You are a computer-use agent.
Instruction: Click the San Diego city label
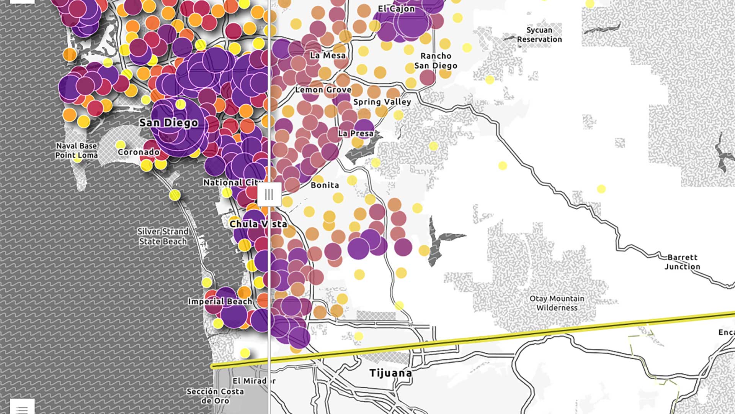pyautogui.click(x=169, y=123)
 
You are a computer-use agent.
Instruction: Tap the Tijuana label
pyautogui.click(x=390, y=373)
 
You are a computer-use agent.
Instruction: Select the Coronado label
pyautogui.click(x=139, y=152)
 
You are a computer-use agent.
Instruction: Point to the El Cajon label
pyautogui.click(x=396, y=8)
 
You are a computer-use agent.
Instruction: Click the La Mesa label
pyautogui.click(x=328, y=56)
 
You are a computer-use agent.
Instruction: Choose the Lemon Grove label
pyautogui.click(x=323, y=90)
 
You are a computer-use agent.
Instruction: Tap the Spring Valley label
pyautogui.click(x=382, y=102)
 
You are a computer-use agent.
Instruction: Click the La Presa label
pyautogui.click(x=356, y=133)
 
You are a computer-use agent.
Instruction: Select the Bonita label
pyautogui.click(x=325, y=185)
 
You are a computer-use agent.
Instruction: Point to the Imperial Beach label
pyautogui.click(x=220, y=302)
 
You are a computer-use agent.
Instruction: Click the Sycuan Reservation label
pyautogui.click(x=539, y=34)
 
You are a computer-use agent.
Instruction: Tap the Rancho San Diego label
pyautogui.click(x=436, y=61)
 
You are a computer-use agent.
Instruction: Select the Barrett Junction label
pyautogui.click(x=682, y=262)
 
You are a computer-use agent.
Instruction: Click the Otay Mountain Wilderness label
pyautogui.click(x=557, y=303)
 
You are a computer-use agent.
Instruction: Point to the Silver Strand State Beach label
pyautogui.click(x=163, y=236)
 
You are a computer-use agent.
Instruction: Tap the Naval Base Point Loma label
pyautogui.click(x=76, y=150)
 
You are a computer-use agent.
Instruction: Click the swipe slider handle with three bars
pyautogui.click(x=269, y=194)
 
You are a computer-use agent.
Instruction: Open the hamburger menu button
pyautogui.click(x=22, y=408)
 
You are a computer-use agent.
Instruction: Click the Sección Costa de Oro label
pyautogui.click(x=215, y=396)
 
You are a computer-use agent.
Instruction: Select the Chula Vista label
pyautogui.click(x=258, y=224)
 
